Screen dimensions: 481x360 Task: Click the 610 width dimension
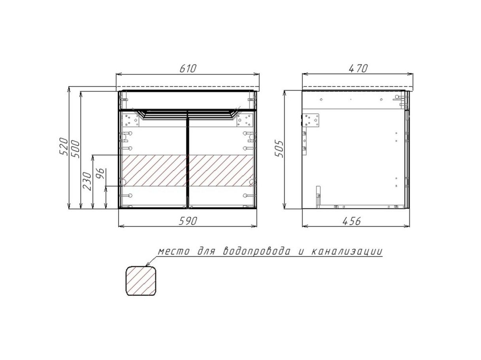tap(188, 68)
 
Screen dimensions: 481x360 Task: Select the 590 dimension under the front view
tap(188, 221)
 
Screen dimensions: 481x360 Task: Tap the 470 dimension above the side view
tap(358, 68)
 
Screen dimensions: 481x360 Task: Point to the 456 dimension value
tap(351, 221)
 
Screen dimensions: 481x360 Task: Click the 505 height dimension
tap(279, 149)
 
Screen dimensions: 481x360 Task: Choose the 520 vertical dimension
tap(64, 146)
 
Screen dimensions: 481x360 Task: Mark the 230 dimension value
tap(87, 181)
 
